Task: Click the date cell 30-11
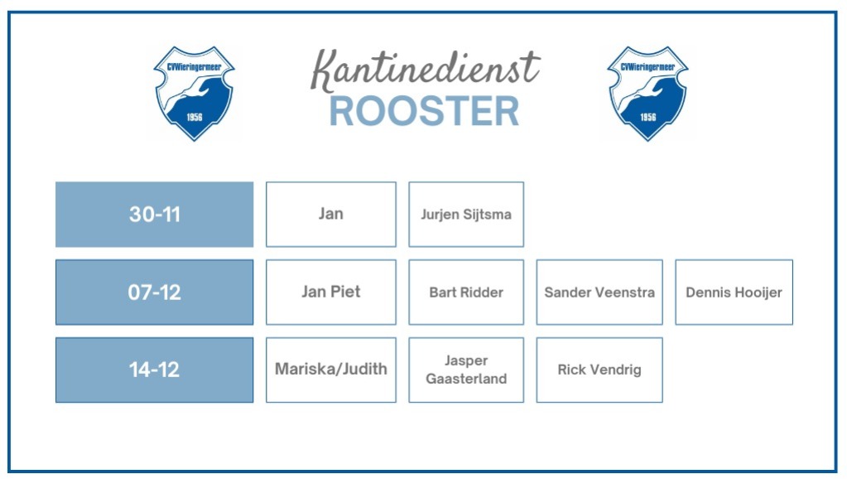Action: (155, 215)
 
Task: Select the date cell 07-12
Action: (155, 293)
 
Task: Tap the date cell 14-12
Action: (155, 370)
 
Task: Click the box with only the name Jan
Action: (331, 215)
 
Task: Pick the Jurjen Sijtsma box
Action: (466, 215)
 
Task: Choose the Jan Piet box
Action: (331, 293)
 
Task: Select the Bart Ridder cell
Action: (466, 293)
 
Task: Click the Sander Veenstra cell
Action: (599, 293)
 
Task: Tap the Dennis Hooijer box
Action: (734, 293)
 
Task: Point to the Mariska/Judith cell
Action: (331, 370)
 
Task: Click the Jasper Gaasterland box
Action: (466, 370)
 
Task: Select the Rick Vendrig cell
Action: (599, 370)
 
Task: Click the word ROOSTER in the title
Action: (424, 111)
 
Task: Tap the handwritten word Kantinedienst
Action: (425, 70)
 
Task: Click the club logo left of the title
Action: (195, 94)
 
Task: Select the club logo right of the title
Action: (648, 94)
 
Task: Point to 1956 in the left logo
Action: (195, 118)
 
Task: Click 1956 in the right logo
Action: (648, 118)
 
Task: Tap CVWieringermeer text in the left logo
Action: (194, 67)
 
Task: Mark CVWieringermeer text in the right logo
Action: (647, 67)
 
